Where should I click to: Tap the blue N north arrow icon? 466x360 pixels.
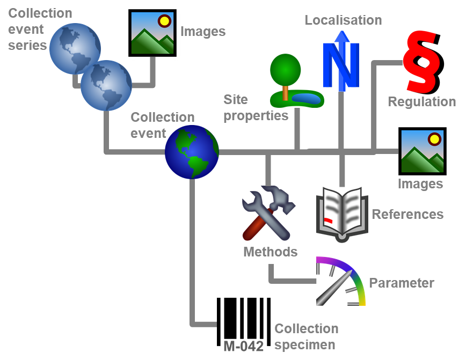340,62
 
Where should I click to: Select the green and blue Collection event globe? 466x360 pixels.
192,152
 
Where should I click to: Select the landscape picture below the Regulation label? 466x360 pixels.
421,152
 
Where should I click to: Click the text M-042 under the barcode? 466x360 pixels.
244,347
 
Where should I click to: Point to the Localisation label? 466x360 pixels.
343,20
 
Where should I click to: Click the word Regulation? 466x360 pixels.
421,101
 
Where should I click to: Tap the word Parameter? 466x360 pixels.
401,283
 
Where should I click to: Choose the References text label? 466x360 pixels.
407,215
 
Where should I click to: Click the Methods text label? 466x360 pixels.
270,252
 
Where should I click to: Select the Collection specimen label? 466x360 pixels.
306,336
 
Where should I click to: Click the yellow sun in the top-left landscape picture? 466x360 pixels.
164,21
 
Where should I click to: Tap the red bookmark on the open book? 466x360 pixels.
327,221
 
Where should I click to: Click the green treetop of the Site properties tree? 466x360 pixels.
285,69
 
